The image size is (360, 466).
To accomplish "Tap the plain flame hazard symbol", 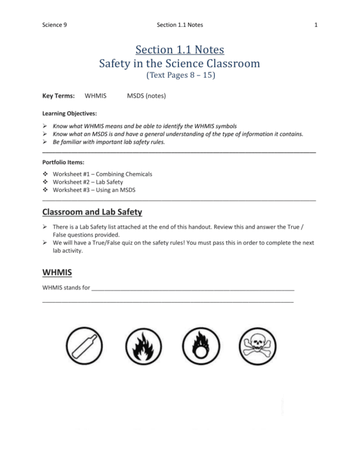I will [x=142, y=347].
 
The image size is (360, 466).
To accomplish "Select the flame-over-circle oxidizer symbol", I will [x=199, y=347].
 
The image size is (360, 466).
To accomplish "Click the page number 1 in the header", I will [x=316, y=25].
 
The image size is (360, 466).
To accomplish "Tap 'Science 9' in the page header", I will [x=54, y=25].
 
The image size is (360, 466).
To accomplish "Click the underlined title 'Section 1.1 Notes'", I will [x=180, y=49].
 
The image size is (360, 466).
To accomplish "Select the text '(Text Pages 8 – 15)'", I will [x=180, y=75].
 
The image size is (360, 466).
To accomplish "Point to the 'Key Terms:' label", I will [x=58, y=96].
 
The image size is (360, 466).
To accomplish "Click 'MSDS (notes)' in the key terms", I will [x=146, y=96].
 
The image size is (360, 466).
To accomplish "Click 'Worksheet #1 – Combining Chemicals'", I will [x=102, y=174].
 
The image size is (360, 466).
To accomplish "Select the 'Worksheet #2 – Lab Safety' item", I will [x=87, y=182].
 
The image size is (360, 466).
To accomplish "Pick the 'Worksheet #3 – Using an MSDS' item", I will [x=94, y=190].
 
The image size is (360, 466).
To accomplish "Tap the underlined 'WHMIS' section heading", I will [x=57, y=272].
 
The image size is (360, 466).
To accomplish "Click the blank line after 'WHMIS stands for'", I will [x=192, y=288].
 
